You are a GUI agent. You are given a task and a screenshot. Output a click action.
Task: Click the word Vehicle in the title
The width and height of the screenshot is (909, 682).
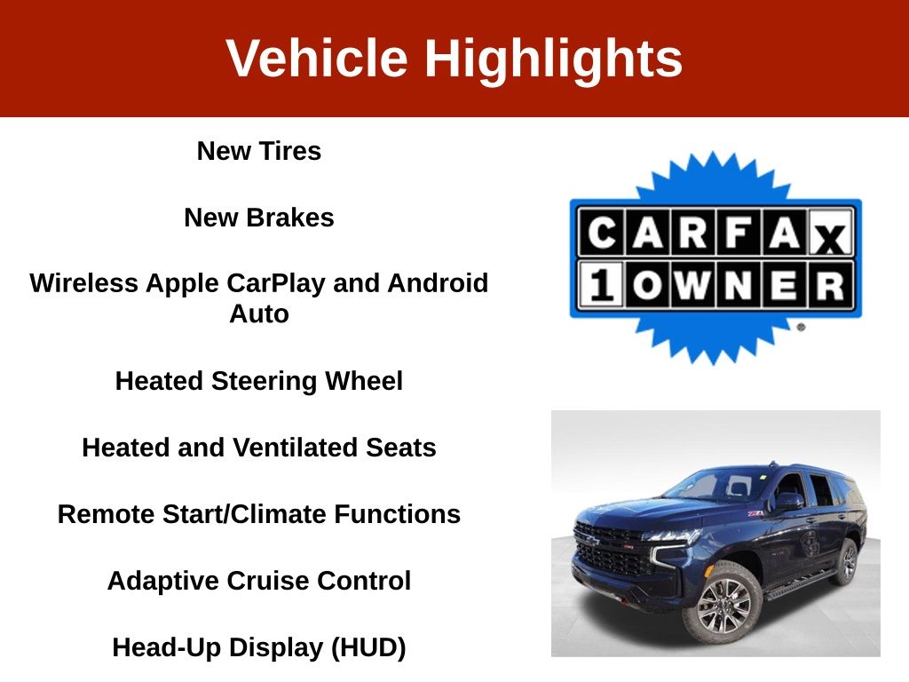pos(317,58)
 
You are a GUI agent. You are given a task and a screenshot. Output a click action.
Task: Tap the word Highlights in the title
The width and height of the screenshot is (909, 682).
pos(554,59)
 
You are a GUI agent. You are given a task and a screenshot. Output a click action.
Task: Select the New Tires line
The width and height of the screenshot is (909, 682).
pos(259,151)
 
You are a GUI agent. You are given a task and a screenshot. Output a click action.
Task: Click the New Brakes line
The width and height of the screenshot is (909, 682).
pos(259,218)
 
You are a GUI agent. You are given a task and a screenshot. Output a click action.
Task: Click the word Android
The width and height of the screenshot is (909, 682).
pos(438,283)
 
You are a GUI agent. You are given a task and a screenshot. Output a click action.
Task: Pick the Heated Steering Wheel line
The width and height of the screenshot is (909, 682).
pos(259,382)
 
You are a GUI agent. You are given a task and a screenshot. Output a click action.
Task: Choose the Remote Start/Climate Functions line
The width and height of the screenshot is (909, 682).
pos(259,514)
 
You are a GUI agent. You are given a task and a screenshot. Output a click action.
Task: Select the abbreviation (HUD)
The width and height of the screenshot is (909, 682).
pos(368,647)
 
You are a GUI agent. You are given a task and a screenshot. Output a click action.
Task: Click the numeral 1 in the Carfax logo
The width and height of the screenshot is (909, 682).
pos(602,285)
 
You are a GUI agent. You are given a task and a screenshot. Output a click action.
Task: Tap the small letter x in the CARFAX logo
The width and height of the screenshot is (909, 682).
pos(830,238)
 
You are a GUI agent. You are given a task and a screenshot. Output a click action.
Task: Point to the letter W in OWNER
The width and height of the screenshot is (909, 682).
pos(692,285)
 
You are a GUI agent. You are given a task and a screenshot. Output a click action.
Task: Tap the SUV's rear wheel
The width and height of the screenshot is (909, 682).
pos(847,561)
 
